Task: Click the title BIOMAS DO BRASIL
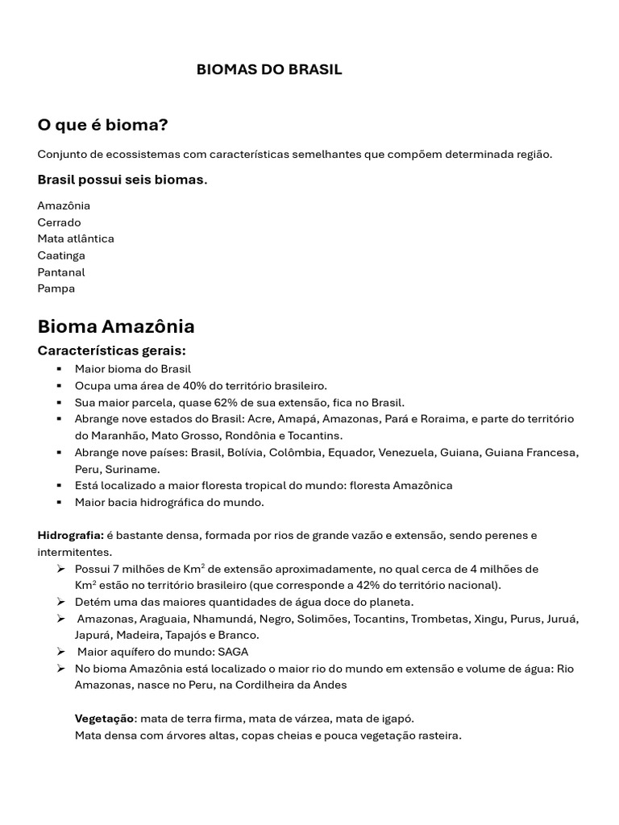coord(269,69)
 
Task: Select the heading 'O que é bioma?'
coord(102,125)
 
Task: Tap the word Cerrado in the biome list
coord(59,222)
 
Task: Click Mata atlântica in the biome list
coord(76,238)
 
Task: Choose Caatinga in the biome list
coord(61,255)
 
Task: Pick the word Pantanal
coord(61,272)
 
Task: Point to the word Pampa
coord(56,288)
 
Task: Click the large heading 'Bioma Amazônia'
coord(116,326)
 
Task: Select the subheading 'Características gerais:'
coord(112,350)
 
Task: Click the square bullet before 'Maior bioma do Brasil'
coord(59,369)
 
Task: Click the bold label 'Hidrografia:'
coord(70,535)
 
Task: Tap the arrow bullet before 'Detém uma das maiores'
coord(60,602)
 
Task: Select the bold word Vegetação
coord(105,719)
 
